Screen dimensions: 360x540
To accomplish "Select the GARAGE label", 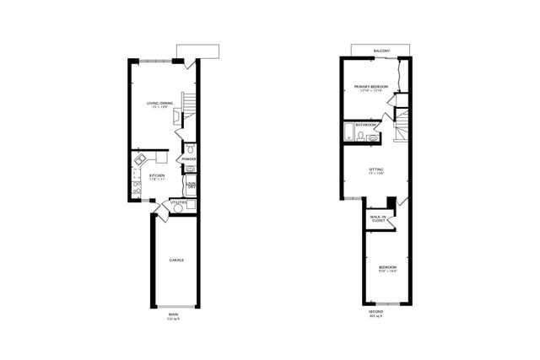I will (176, 260).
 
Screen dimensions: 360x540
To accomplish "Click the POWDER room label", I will (189, 159).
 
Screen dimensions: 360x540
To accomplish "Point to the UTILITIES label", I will (178, 202).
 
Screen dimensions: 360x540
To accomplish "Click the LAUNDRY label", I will (192, 185).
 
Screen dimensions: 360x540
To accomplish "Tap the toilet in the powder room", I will (190, 149).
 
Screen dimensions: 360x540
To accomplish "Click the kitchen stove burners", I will (136, 188).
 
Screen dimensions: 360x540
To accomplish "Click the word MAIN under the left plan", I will (173, 315).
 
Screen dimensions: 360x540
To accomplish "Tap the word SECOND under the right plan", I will (377, 315).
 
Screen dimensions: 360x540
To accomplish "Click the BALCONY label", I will (381, 51).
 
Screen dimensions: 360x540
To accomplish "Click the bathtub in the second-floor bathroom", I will (349, 132).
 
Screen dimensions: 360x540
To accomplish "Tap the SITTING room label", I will (375, 170).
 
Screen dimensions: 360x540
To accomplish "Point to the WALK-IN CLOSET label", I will (379, 219).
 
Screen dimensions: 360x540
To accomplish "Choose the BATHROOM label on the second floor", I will (365, 125).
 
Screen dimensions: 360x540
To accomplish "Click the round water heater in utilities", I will (191, 205).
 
